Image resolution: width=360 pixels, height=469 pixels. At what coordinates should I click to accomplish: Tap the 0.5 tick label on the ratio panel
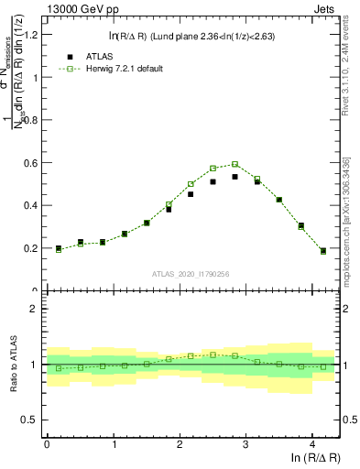[29, 420]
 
